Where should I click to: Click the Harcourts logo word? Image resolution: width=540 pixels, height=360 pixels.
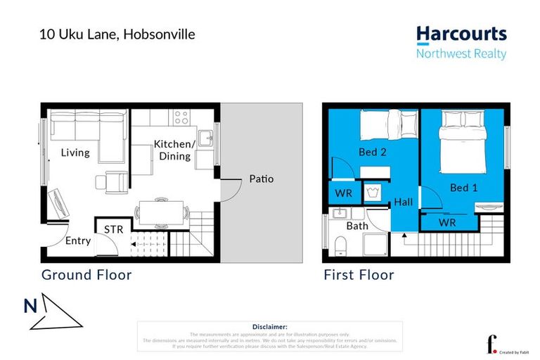[461, 34]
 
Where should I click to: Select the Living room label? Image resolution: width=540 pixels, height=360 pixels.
[75, 152]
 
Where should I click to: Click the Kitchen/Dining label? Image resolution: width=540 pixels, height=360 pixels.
[173, 150]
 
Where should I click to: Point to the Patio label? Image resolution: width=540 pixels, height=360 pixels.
[261, 179]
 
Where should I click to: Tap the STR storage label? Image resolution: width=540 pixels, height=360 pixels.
[114, 229]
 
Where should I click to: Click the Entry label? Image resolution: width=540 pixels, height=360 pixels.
[78, 241]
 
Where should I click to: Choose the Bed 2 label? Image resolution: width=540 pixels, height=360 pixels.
[373, 151]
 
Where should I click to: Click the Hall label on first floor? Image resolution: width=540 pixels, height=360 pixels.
[404, 201]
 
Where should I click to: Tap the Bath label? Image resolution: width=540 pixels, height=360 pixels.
[357, 226]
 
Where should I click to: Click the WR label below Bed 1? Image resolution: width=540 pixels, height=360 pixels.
[447, 223]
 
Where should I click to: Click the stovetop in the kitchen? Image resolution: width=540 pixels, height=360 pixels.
[180, 117]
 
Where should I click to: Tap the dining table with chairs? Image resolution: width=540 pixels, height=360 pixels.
[162, 211]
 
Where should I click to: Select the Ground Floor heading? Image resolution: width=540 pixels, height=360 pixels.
[86, 275]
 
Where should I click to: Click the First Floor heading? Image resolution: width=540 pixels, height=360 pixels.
[359, 275]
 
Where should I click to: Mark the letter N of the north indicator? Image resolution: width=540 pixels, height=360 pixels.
[30, 306]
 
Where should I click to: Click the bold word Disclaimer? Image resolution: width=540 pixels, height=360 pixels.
[269, 327]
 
